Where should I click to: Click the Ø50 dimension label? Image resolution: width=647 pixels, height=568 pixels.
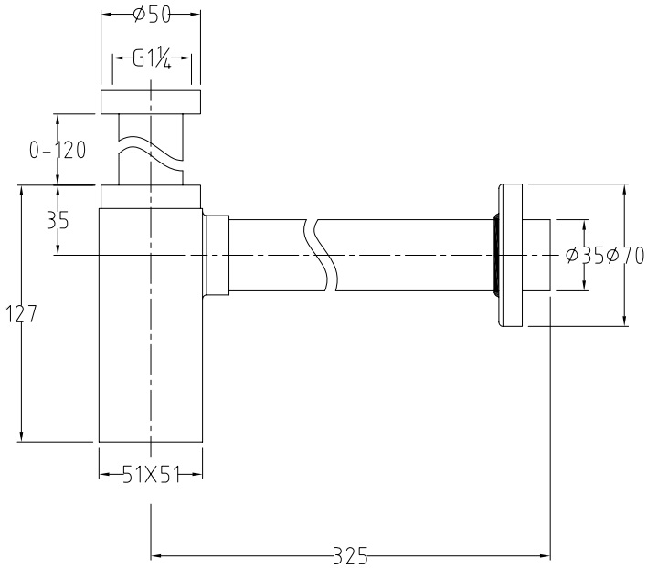click(150, 15)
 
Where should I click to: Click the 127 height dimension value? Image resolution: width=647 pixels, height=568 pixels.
click(20, 314)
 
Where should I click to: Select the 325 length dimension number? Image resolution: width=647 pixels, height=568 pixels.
click(351, 553)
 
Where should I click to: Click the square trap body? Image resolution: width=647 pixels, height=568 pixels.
click(150, 347)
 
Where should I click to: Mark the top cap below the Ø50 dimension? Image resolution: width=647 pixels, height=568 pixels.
click(150, 101)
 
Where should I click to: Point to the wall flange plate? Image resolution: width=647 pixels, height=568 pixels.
click(512, 256)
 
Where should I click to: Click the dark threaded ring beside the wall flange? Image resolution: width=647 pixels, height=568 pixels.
click(494, 256)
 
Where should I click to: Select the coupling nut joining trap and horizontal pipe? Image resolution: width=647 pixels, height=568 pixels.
click(216, 256)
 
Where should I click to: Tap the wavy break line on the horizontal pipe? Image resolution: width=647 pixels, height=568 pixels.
click(325, 256)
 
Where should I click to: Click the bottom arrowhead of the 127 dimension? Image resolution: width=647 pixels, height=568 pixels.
click(20, 436)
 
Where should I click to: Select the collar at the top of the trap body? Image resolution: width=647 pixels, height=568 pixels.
click(150, 195)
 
